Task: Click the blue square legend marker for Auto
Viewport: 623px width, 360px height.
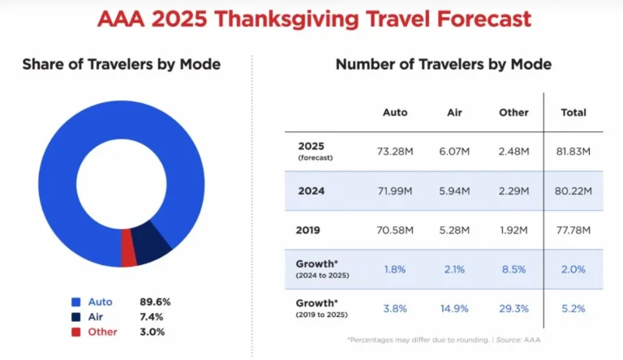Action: point(75,302)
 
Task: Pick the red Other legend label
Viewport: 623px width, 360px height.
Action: point(102,332)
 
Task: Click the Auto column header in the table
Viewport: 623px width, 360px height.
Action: point(395,113)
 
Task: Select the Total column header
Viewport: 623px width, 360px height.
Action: point(574,113)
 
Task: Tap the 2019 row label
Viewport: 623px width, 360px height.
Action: point(309,230)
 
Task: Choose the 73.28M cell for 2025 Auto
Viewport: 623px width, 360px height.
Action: point(395,152)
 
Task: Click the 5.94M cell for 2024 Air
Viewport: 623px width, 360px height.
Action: point(456,191)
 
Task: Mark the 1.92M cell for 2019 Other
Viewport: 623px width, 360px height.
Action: point(513,230)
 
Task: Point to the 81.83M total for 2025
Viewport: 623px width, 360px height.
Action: point(574,152)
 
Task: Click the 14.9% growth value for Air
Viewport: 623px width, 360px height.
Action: point(456,309)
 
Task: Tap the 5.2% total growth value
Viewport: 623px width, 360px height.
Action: point(574,309)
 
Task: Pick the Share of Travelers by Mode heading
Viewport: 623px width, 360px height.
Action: point(121,64)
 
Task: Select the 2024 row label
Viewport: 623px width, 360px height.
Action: point(311,191)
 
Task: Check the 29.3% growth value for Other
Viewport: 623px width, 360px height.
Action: point(513,309)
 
